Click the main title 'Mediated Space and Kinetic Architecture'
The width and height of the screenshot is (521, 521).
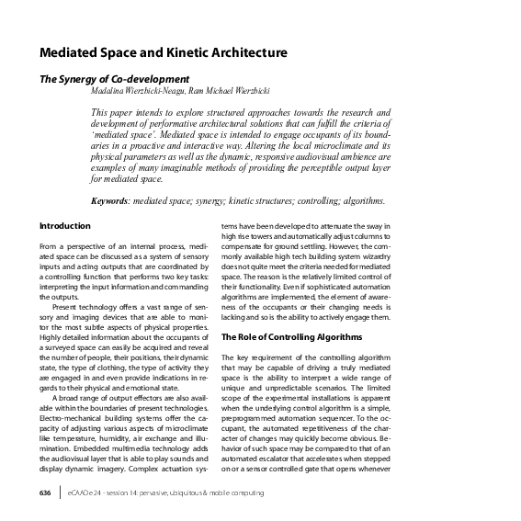point(163,51)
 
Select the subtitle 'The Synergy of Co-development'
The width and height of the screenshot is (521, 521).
point(114,80)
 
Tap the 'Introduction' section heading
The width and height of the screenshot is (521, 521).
point(64,225)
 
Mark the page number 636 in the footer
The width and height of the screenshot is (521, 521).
point(45,493)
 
